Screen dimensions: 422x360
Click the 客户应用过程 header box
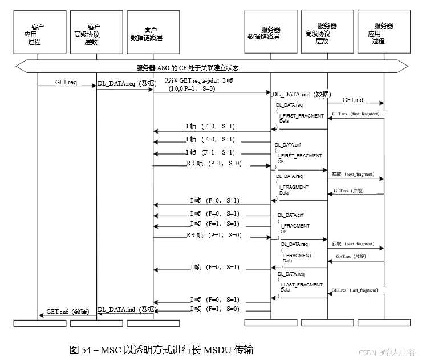pyautogui.click(x=38, y=33)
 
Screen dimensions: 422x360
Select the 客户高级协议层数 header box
pyautogui.click(x=95, y=33)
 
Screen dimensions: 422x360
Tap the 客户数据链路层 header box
pyautogui.click(x=151, y=33)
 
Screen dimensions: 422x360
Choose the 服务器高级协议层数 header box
pyautogui.click(x=327, y=33)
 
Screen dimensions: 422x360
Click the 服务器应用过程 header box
pyautogui.click(x=383, y=33)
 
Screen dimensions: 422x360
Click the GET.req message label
pyautogui.click(x=66, y=82)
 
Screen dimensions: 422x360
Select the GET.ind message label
pyautogui.click(x=353, y=100)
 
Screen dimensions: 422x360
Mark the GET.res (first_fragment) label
pyautogui.click(x=356, y=114)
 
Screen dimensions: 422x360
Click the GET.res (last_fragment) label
pyautogui.click(x=356, y=290)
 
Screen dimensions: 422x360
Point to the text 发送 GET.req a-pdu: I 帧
pyautogui.click(x=198, y=81)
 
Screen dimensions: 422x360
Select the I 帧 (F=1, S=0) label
pyautogui.click(x=215, y=309)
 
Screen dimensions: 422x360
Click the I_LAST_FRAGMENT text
pyautogui.click(x=302, y=284)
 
